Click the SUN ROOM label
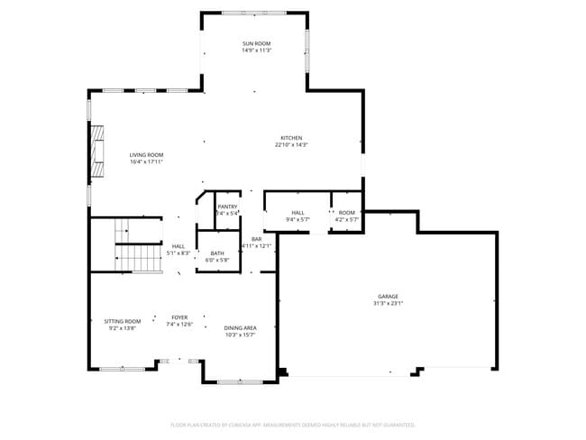[x=256, y=43]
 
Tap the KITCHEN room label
[x=291, y=138]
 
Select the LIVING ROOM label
[x=146, y=154]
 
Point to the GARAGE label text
[x=389, y=297]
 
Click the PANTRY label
[x=227, y=206]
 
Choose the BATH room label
[x=217, y=253]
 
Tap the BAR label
[x=257, y=238]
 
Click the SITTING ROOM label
[x=123, y=321]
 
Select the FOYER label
[x=180, y=317]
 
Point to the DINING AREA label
[x=240, y=327]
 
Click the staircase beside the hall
[x=136, y=245]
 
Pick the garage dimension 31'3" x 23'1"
[x=389, y=304]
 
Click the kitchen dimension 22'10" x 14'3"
[x=291, y=145]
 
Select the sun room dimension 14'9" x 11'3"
[x=256, y=50]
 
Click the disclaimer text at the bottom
[x=292, y=424]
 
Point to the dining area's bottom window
[x=240, y=382]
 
